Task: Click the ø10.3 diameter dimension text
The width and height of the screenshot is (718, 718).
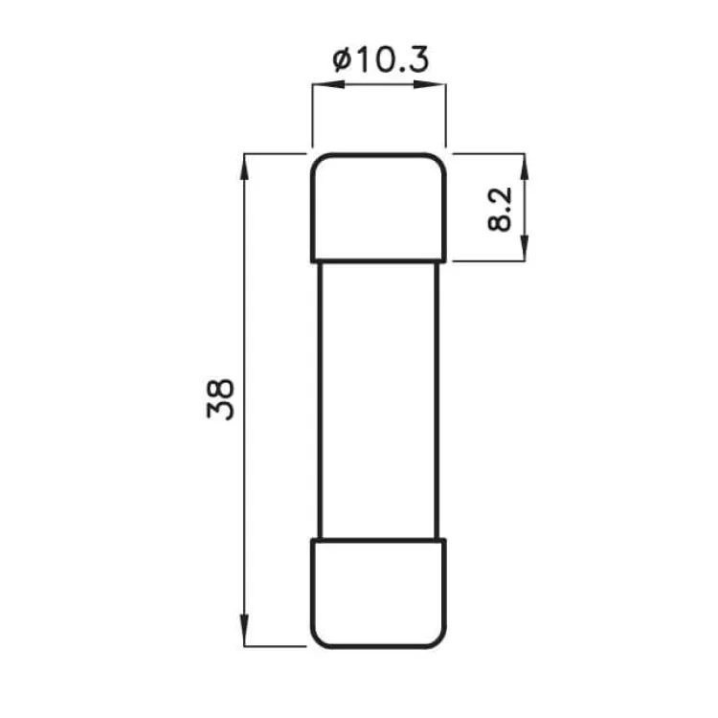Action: tap(380, 60)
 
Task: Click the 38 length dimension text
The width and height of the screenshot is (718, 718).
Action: tap(220, 399)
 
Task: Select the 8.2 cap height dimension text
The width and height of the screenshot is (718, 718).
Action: tap(500, 209)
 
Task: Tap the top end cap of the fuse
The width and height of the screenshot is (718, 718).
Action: tap(378, 206)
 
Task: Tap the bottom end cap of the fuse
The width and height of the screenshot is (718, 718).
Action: tap(378, 594)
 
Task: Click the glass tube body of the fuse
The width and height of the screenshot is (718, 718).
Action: tap(378, 399)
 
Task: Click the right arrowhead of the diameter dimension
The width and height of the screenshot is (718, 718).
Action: tap(437, 86)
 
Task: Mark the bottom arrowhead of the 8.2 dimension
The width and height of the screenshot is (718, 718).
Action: tap(523, 251)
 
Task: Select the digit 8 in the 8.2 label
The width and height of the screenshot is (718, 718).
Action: tap(500, 222)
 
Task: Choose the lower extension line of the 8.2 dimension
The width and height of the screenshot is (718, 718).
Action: tap(488, 260)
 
